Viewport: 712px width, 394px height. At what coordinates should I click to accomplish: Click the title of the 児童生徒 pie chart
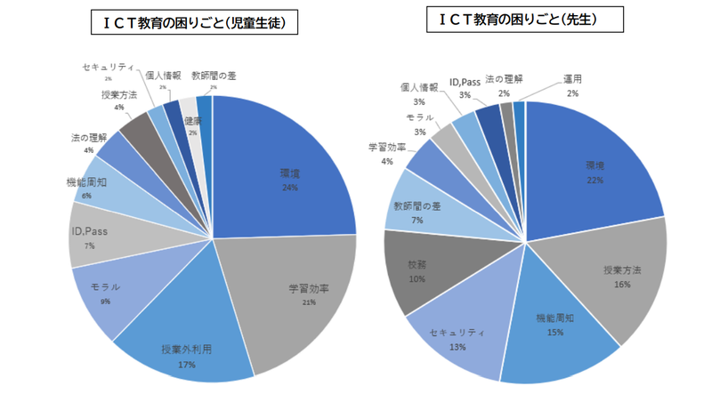[x=194, y=23]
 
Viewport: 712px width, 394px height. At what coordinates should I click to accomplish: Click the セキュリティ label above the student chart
[x=109, y=68]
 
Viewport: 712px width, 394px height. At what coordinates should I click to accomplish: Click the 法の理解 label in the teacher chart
[x=503, y=80]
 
